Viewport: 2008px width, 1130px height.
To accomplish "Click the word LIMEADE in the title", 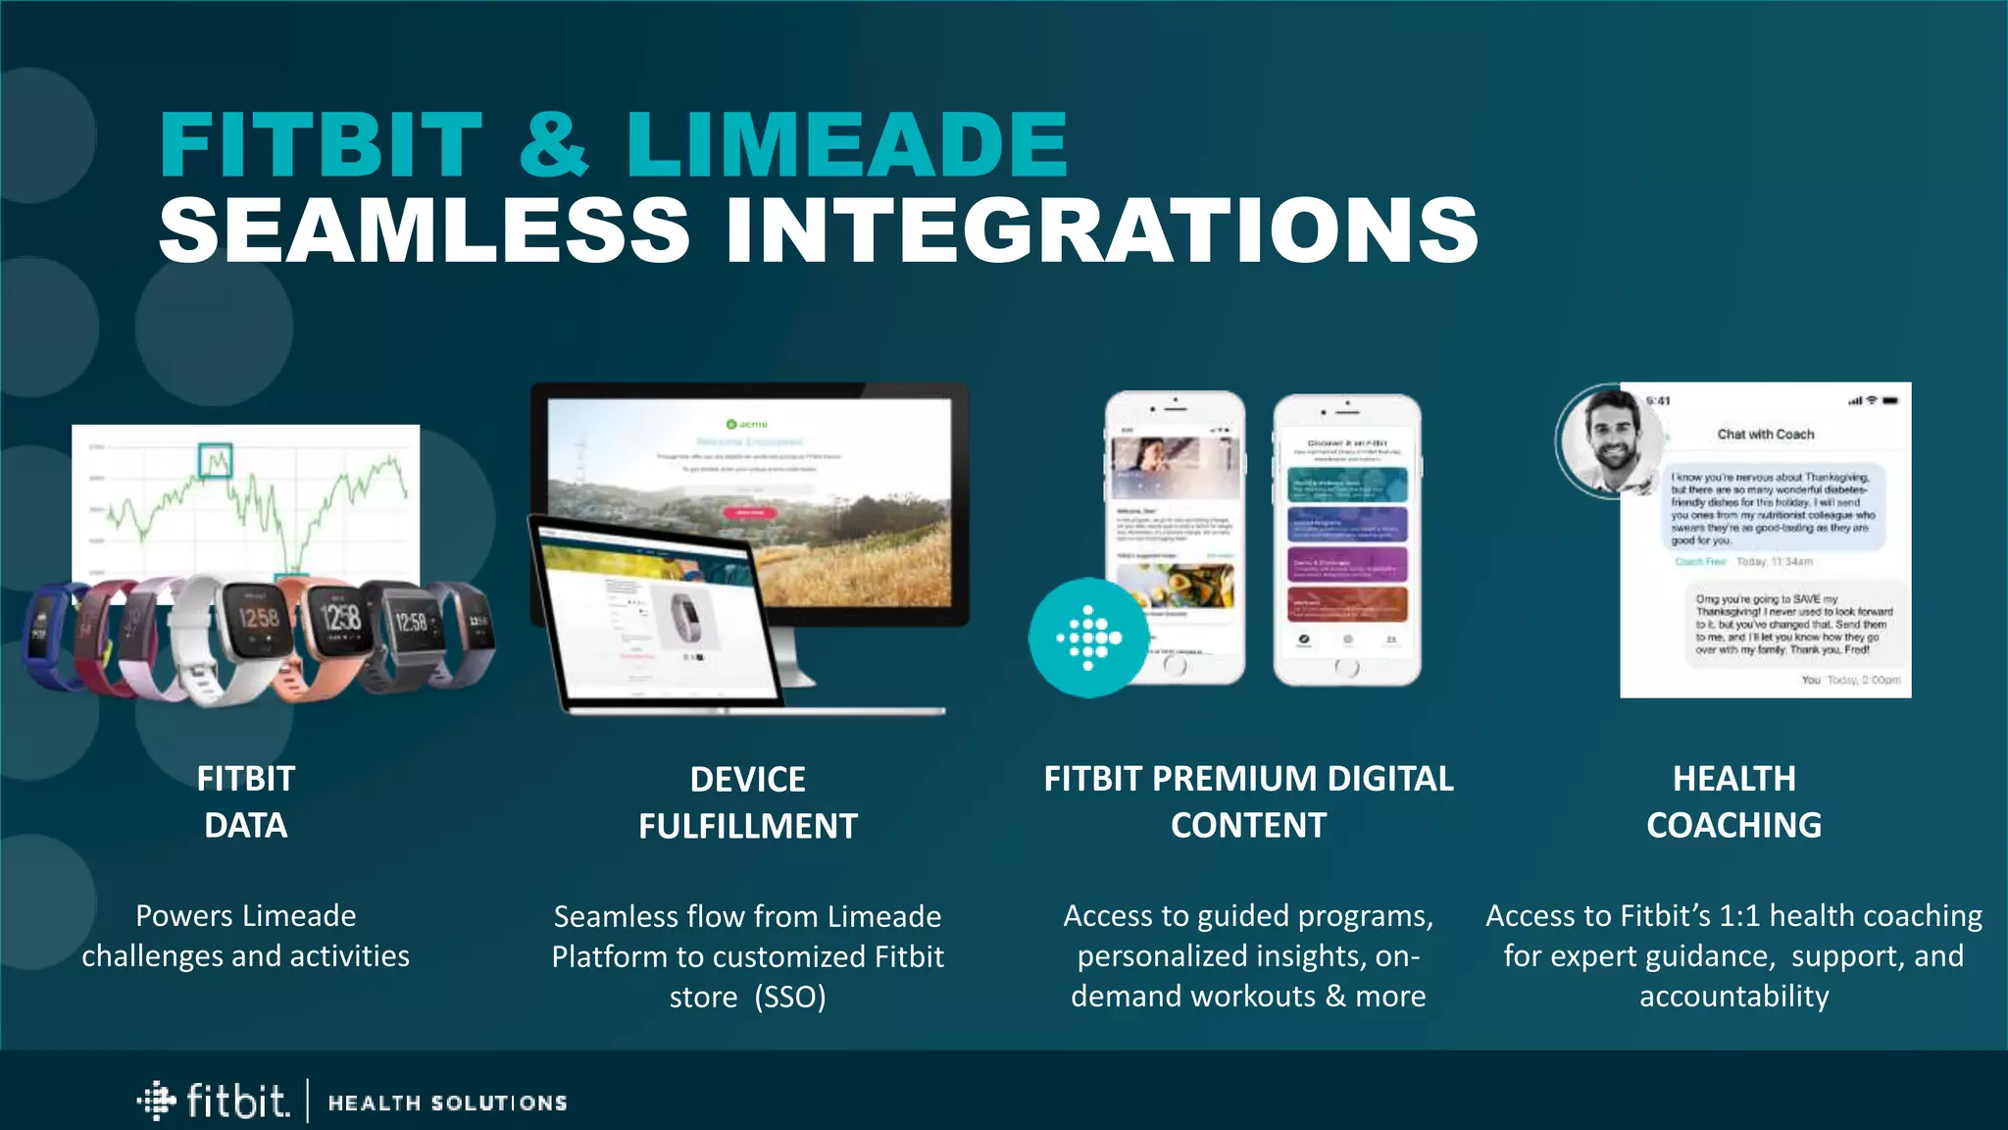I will [x=846, y=145].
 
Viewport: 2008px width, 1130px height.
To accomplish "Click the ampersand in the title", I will [x=554, y=145].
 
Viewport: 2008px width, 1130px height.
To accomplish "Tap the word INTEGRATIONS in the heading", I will [x=1101, y=231].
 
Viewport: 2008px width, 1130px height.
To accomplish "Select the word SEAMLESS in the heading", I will [x=424, y=231].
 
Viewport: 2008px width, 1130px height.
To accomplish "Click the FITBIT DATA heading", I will [x=245, y=801].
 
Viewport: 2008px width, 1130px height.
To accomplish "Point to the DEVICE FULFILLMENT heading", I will [x=747, y=802].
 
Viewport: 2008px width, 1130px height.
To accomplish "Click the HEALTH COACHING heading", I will [x=1733, y=801].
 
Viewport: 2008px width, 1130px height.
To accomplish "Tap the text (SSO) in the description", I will [x=790, y=997].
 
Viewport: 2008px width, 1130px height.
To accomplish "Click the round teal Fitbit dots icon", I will [x=1087, y=638].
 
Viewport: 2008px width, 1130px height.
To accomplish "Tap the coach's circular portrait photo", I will [x=1609, y=440].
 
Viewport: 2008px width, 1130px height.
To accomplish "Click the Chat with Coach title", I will [x=1765, y=434].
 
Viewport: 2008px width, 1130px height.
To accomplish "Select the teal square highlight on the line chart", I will [x=215, y=460].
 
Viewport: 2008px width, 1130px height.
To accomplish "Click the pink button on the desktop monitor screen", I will [x=750, y=512].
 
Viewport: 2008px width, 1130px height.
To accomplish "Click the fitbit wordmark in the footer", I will [x=237, y=1102].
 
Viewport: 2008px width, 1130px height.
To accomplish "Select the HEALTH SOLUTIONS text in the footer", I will [x=447, y=1104].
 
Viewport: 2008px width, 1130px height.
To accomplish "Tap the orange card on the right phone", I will [x=1346, y=603].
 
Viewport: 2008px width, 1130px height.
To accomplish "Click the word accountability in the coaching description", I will [x=1733, y=997].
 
